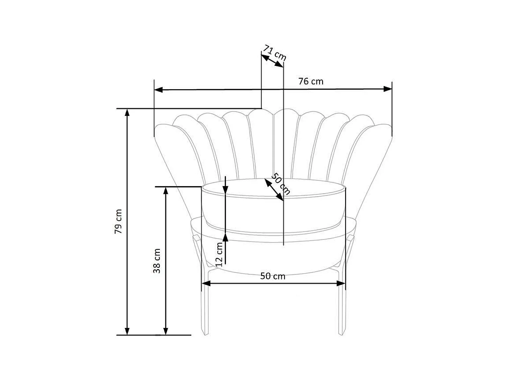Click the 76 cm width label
tap(311, 81)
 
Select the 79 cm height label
tap(118, 222)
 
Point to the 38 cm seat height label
tap(157, 261)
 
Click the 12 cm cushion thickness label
tap(219, 255)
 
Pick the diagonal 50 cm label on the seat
tap(281, 184)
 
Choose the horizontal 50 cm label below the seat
tap(273, 276)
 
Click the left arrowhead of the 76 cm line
tap(158, 90)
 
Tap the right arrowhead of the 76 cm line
tap(388, 89)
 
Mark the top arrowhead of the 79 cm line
tap(127, 113)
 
